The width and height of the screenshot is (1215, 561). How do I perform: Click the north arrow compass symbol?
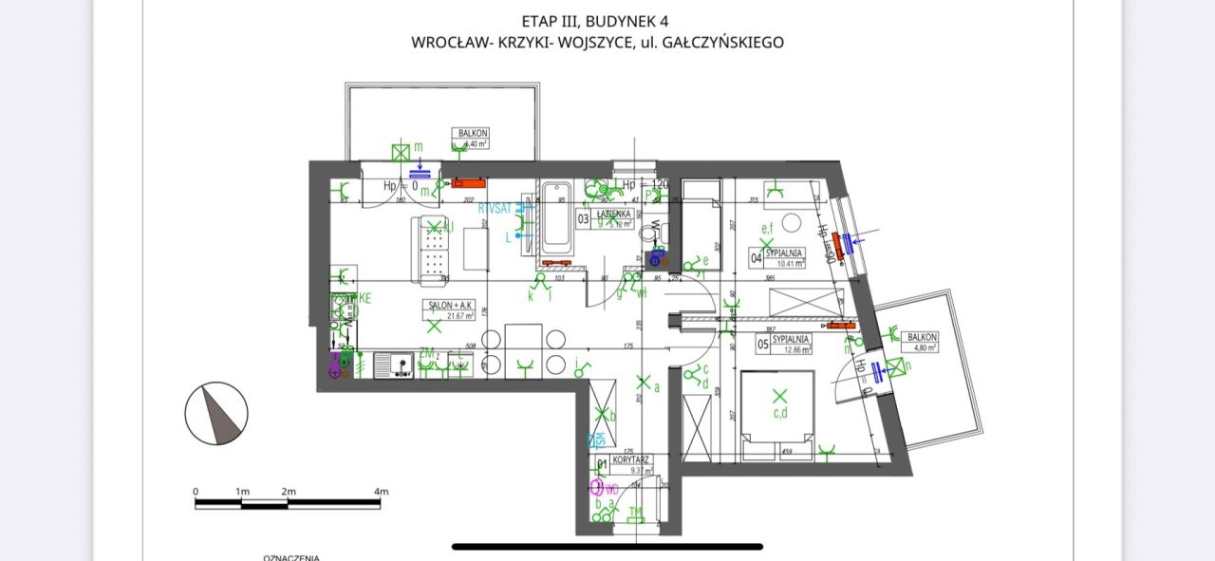coord(216,414)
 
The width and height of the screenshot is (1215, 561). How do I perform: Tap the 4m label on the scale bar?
coord(381,491)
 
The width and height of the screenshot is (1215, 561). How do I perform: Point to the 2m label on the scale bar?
coord(288,491)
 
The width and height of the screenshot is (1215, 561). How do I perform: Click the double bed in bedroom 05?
coord(777,414)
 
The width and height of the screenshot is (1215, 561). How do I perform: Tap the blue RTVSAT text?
coord(495,208)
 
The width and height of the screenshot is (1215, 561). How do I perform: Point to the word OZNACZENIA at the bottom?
coord(291,557)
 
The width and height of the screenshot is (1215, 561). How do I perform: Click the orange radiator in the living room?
coord(468,181)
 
